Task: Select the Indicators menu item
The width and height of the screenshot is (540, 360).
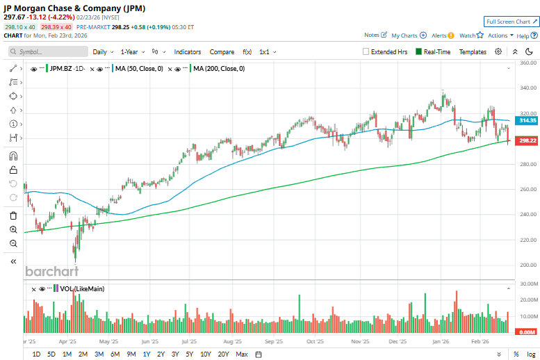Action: click(187, 51)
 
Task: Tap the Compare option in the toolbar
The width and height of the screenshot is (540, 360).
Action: click(222, 51)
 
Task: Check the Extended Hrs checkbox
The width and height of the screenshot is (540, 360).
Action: click(366, 51)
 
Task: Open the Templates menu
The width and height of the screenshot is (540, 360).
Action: click(473, 51)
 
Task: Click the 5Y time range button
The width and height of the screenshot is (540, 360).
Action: click(189, 354)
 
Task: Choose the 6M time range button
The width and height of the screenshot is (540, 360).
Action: click(115, 354)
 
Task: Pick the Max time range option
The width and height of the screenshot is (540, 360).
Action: click(242, 354)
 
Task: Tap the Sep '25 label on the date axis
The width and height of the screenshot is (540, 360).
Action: click(274, 342)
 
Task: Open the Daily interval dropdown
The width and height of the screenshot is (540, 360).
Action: click(103, 51)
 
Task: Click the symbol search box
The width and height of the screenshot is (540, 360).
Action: click(49, 51)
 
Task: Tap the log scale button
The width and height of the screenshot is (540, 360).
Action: click(531, 354)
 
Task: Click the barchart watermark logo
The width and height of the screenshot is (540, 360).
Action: click(52, 271)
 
